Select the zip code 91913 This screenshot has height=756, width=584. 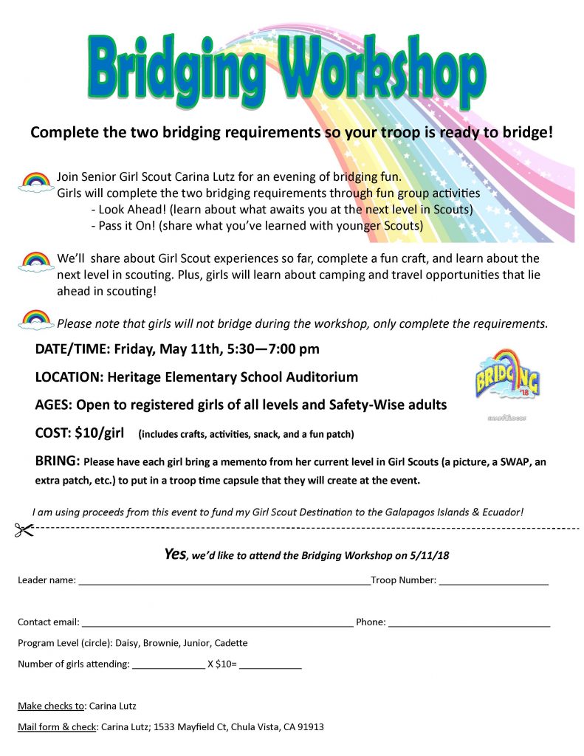pyautogui.click(x=309, y=727)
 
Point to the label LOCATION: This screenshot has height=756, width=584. pyautogui.click(x=69, y=377)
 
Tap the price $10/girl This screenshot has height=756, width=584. pyautogui.click(x=97, y=432)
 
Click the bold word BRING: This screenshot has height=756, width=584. pyautogui.click(x=58, y=461)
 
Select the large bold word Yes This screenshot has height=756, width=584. pyautogui.click(x=175, y=554)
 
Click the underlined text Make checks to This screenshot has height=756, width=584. pyautogui.click(x=51, y=706)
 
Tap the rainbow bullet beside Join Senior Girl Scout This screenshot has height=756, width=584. pyautogui.click(x=35, y=181)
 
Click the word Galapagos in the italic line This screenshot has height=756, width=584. pyautogui.click(x=416, y=512)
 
